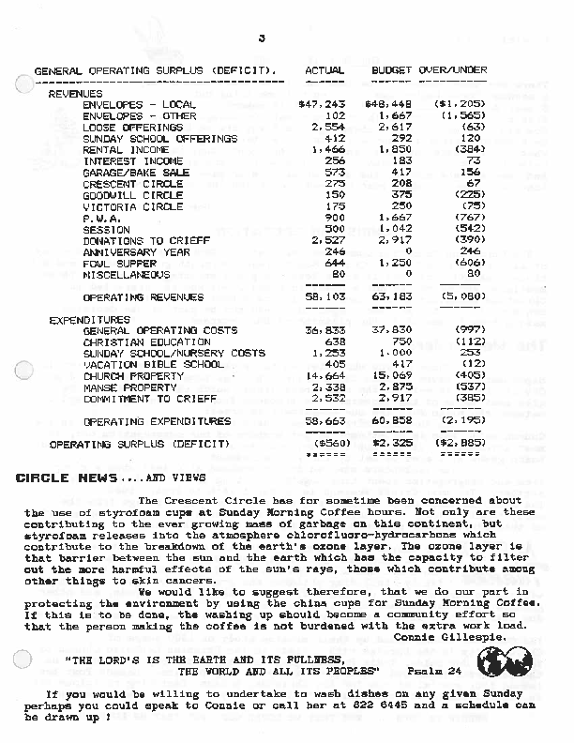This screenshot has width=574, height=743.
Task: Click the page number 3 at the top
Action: point(263,38)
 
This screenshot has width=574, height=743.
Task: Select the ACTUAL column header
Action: point(325,71)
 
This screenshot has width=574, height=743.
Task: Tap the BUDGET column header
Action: point(392,71)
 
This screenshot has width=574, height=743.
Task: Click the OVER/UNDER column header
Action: point(452,71)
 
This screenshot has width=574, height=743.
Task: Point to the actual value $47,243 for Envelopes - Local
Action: point(321,105)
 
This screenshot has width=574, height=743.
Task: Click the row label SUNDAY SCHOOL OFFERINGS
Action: point(159,139)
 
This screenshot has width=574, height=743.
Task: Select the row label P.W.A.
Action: point(99,219)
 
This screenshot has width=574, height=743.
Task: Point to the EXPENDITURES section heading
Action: point(90,320)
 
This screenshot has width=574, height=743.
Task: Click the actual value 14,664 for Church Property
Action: point(325,376)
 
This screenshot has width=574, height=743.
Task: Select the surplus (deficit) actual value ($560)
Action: point(328,444)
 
